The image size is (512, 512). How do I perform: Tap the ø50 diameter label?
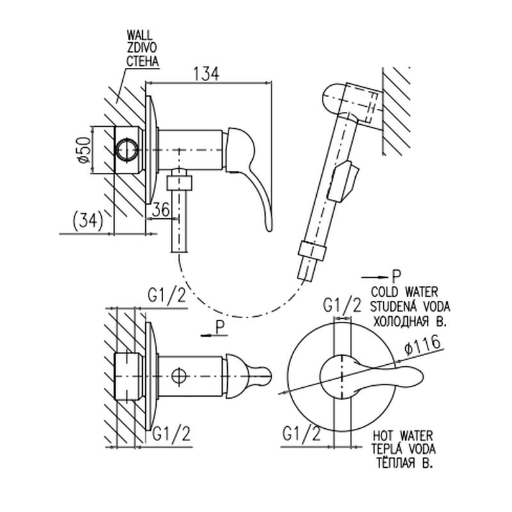tap(83, 150)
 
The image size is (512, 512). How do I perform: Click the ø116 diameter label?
tap(422, 347)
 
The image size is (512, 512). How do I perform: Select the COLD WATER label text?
tap(406, 292)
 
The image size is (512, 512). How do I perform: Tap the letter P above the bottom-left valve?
tap(219, 326)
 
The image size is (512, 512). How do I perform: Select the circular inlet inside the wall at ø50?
tap(127, 150)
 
